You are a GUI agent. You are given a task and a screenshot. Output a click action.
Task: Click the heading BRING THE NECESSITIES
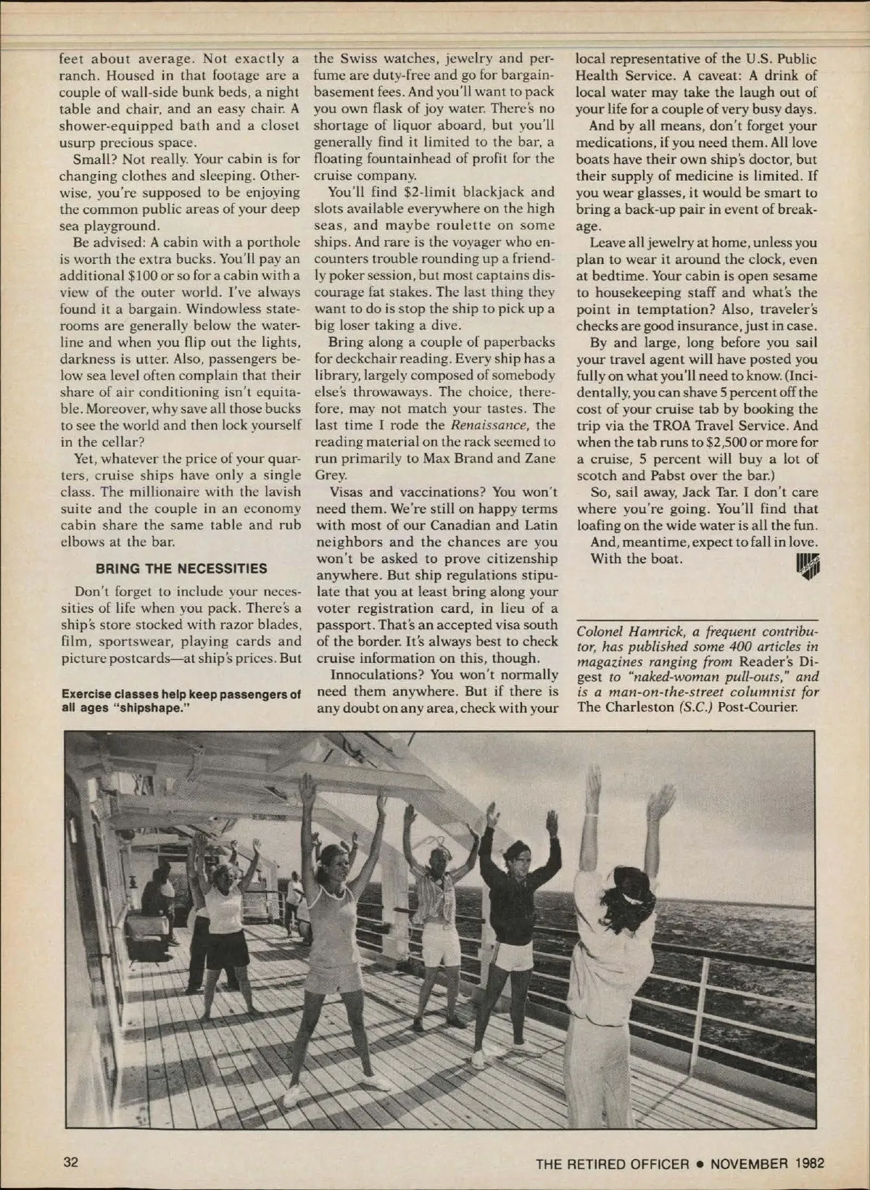(181, 569)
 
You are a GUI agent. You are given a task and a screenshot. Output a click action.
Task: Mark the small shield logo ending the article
(805, 562)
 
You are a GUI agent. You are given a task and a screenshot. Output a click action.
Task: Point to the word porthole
(270, 242)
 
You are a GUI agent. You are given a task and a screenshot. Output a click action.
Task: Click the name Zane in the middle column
(538, 458)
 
